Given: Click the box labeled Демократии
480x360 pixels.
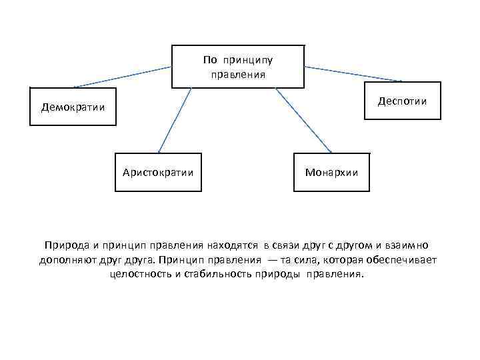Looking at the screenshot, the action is [x=73, y=107].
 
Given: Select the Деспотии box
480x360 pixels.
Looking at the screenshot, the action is [x=402, y=101].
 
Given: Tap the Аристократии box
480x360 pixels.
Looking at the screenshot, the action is [x=158, y=172].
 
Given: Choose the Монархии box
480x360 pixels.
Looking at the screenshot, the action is [x=331, y=172].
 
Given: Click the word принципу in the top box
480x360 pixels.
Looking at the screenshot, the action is [x=248, y=61].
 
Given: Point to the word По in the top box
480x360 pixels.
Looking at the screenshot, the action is [x=210, y=61].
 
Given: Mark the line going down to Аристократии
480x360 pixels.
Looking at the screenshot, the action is [x=175, y=120].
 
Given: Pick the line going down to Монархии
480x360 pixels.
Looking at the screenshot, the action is [x=303, y=120].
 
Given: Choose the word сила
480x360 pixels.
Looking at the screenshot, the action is [x=317, y=259].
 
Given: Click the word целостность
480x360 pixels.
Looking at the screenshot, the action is [x=139, y=274].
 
